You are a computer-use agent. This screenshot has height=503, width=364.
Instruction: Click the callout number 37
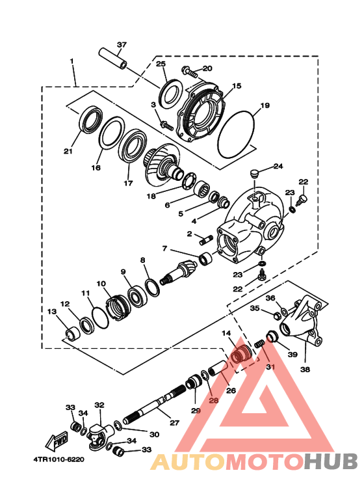pyautogui.click(x=122, y=45)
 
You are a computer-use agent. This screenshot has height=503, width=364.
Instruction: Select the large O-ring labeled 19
pyautogui.click(x=239, y=133)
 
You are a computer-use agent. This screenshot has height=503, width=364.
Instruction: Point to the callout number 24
pyautogui.click(x=278, y=166)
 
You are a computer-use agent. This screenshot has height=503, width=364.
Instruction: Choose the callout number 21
pyautogui.click(x=68, y=152)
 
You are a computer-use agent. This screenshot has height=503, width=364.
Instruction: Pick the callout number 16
pyautogui.click(x=96, y=167)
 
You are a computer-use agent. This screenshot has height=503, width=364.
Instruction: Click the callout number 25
pyautogui.click(x=161, y=64)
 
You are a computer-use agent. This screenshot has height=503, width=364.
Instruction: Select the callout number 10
pyautogui.click(x=101, y=284)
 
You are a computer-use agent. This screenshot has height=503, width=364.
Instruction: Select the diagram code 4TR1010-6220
pyautogui.click(x=58, y=458)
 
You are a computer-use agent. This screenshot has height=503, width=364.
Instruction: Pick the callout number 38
pyautogui.click(x=305, y=369)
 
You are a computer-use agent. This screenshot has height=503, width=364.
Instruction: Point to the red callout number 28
pyautogui.click(x=213, y=401)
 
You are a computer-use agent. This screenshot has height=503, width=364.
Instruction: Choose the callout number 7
pyautogui.click(x=165, y=249)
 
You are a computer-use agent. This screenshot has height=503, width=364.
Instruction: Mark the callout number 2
pyautogui.click(x=189, y=234)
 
